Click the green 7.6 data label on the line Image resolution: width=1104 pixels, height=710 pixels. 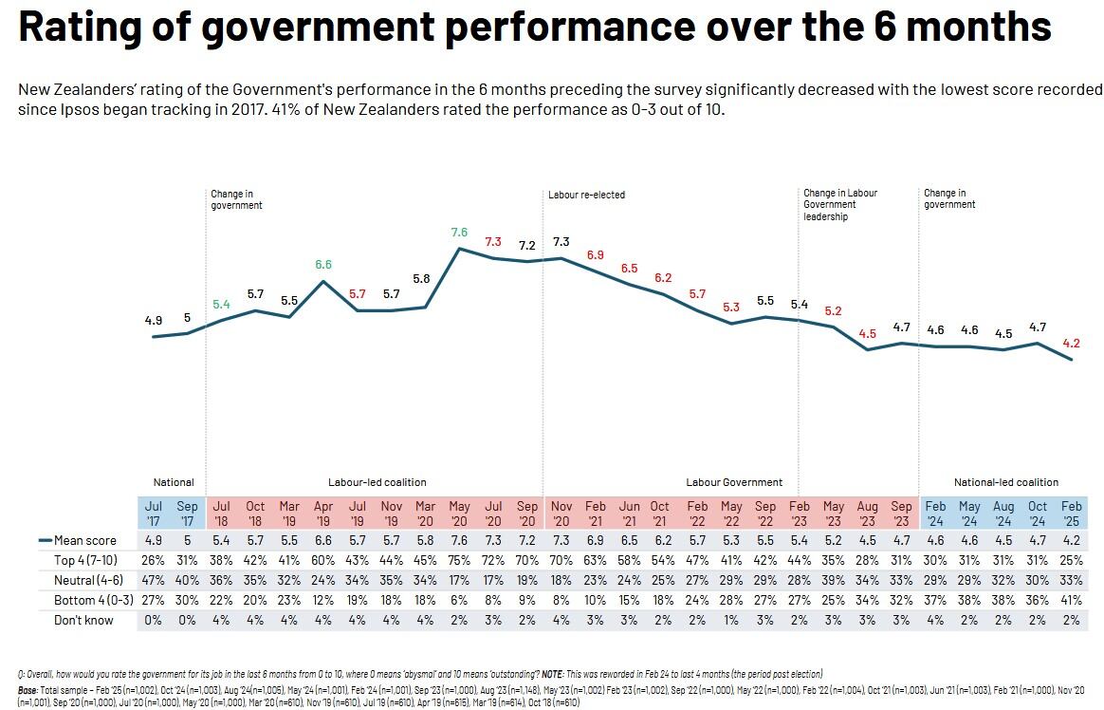[459, 233]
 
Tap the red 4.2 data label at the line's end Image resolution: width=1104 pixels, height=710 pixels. [1072, 344]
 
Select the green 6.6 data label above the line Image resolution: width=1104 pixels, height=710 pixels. [323, 265]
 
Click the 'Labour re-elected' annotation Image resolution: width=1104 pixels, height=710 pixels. [586, 195]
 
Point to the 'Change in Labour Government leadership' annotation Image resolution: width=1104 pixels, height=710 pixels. [840, 204]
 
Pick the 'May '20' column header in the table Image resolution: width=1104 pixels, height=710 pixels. [459, 514]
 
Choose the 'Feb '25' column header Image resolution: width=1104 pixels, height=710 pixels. [1072, 514]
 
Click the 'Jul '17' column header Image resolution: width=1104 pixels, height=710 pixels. [154, 514]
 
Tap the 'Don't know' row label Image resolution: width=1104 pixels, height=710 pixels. [84, 620]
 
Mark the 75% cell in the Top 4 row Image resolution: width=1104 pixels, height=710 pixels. [459, 560]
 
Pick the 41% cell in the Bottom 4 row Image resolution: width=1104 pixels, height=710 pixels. [1072, 600]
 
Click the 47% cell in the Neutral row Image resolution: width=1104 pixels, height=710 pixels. [154, 580]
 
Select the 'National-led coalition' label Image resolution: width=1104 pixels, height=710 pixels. [1006, 482]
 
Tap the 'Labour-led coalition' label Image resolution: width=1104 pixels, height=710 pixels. [377, 482]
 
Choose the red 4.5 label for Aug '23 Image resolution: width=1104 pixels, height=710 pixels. [867, 334]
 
